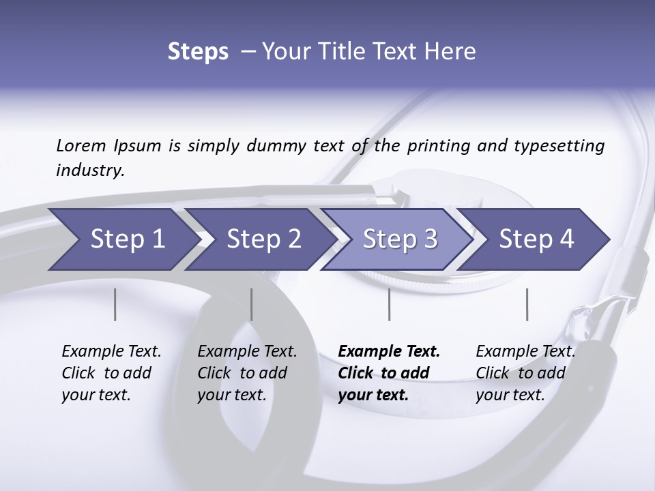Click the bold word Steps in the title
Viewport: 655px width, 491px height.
coord(198,52)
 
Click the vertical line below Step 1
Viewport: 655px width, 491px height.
coord(115,304)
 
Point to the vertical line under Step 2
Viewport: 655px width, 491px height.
coord(252,304)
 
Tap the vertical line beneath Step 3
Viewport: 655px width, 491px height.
coord(389,304)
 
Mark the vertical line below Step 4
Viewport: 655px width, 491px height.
coord(527,304)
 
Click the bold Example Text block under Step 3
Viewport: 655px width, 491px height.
coord(389,373)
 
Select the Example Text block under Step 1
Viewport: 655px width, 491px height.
coord(111,373)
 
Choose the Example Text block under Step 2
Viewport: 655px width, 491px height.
coord(247,373)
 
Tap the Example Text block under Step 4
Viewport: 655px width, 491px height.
coord(525,373)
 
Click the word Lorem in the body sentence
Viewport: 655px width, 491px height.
coord(81,145)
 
